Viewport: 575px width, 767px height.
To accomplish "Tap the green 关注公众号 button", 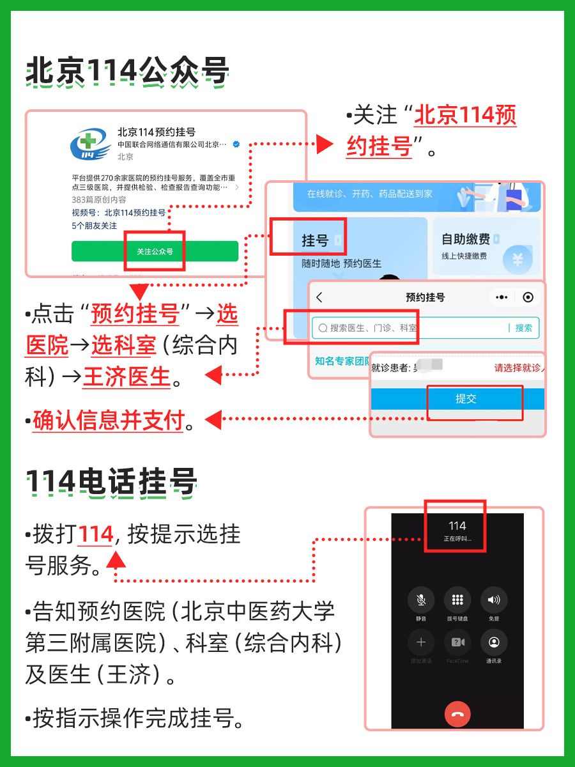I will [155, 251].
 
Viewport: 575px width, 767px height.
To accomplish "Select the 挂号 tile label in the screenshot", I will [314, 240].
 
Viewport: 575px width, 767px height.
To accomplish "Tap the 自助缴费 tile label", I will [466, 239].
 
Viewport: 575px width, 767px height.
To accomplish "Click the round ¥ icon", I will [517, 259].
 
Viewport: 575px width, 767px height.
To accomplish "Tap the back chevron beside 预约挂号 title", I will [319, 297].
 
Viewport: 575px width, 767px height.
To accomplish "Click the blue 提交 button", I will [466, 399].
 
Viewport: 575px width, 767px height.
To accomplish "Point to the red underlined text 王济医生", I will [126, 377].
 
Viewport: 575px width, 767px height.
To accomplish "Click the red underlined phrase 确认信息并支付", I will [109, 421].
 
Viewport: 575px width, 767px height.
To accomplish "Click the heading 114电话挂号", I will [111, 483].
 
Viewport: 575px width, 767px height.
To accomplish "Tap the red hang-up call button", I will [457, 714].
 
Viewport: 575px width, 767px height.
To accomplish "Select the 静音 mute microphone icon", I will [421, 600].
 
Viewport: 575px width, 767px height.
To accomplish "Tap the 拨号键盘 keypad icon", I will [457, 600].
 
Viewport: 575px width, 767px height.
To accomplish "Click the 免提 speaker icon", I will [494, 600].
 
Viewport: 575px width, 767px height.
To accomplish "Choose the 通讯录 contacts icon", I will [494, 642].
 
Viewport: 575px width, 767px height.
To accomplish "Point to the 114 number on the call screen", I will [457, 526].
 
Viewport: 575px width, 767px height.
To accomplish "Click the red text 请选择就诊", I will [517, 368].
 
